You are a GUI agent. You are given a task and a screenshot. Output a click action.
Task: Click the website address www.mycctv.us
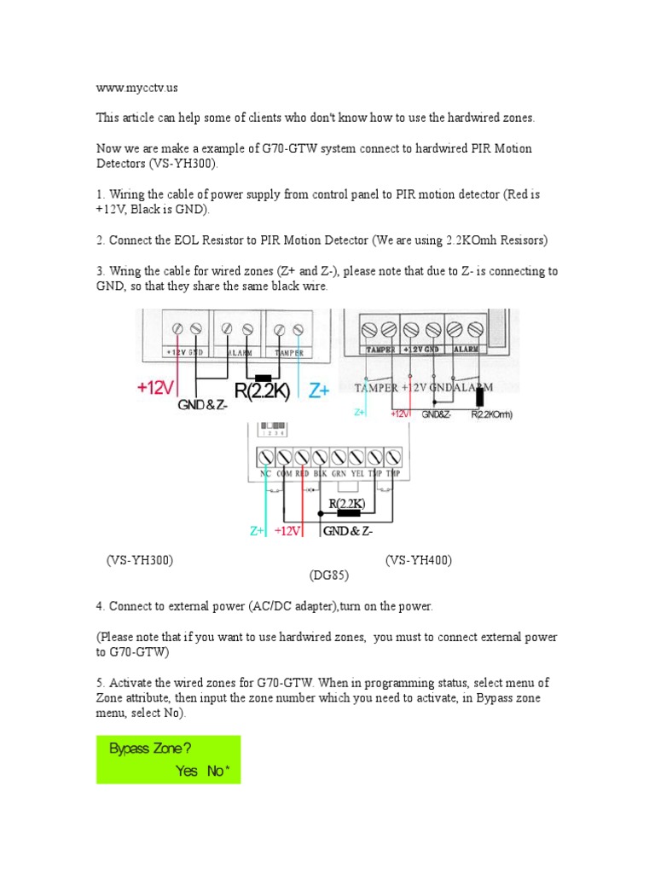(x=137, y=87)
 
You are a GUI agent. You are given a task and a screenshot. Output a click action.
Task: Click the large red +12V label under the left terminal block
(x=155, y=389)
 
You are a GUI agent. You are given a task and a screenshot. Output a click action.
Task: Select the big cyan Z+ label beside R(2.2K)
(x=320, y=390)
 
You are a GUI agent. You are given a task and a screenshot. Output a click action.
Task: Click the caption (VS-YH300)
(x=140, y=560)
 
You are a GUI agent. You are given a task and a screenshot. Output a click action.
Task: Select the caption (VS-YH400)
(x=418, y=560)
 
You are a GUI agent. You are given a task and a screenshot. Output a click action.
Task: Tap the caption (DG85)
(x=328, y=575)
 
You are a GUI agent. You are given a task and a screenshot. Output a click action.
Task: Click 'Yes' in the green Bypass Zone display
(x=187, y=771)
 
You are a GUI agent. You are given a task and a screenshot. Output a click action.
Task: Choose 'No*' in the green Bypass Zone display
(x=218, y=771)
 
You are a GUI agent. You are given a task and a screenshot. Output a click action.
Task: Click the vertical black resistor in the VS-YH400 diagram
(x=481, y=396)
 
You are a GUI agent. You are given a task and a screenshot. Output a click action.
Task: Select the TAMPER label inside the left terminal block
(x=288, y=352)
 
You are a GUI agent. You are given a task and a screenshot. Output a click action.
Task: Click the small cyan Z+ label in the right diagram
(x=362, y=412)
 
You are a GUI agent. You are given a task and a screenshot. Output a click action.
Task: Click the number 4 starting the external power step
(x=100, y=606)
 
